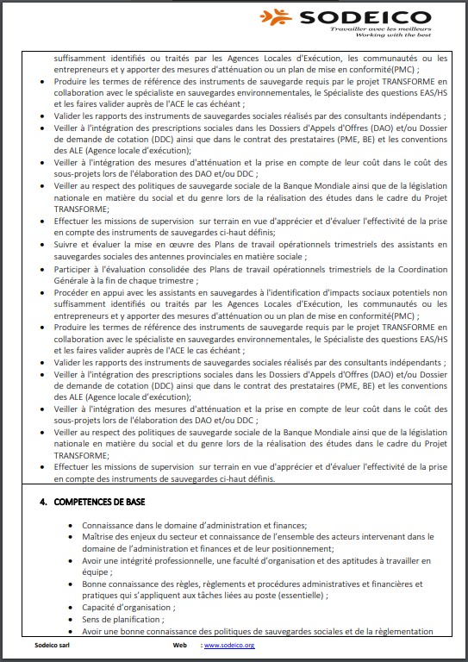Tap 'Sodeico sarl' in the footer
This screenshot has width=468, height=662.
click(x=43, y=645)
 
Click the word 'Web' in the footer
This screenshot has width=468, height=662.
click(x=179, y=645)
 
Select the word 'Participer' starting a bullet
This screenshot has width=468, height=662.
click(x=72, y=269)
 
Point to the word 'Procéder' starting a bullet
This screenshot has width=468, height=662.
click(x=72, y=293)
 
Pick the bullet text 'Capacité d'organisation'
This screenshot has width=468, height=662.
click(x=125, y=607)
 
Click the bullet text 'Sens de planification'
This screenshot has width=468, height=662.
click(x=121, y=619)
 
